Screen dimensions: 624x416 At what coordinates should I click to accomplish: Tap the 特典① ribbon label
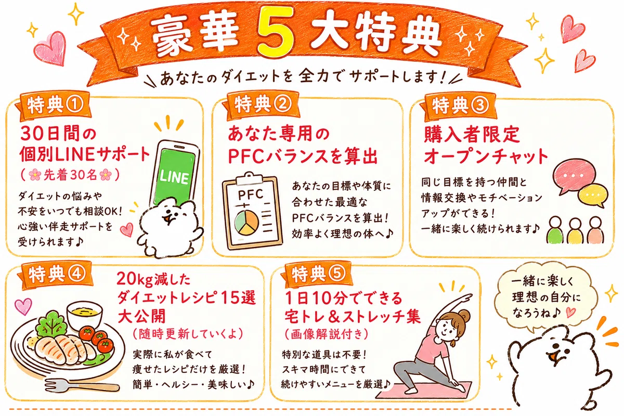pyautogui.click(x=54, y=106)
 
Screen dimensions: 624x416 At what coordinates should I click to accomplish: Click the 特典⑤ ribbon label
pyautogui.click(x=317, y=274)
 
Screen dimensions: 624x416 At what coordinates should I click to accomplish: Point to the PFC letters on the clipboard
pyautogui.click(x=251, y=194)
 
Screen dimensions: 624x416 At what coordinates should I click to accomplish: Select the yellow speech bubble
pyautogui.click(x=593, y=196)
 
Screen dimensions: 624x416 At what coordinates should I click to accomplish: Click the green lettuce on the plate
pyautogui.click(x=52, y=324)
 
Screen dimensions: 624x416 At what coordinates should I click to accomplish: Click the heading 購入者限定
pyautogui.click(x=472, y=135)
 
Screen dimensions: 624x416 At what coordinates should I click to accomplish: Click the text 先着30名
pyautogui.click(x=71, y=175)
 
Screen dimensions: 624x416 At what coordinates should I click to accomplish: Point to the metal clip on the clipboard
pyautogui.click(x=249, y=178)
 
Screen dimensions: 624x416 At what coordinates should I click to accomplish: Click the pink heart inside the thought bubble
pyautogui.click(x=571, y=313)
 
